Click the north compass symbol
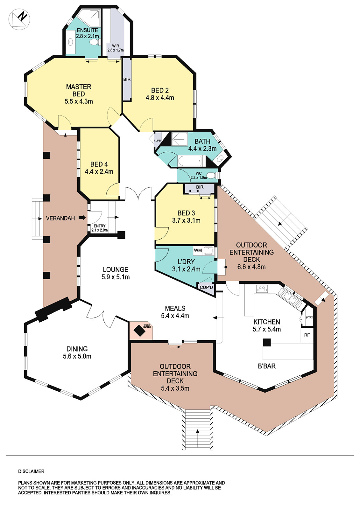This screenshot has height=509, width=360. (19, 19)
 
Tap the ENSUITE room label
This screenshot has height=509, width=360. (87, 31)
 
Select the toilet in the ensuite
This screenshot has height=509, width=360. (94, 42)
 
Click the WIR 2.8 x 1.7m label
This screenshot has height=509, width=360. (115, 48)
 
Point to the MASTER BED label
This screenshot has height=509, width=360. (79, 90)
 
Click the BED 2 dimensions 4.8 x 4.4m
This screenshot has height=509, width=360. (160, 98)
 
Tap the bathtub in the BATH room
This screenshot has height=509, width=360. (190, 161)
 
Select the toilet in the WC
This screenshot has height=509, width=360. (211, 175)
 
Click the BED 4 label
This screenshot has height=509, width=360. (99, 164)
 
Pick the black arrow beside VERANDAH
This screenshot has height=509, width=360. (82, 218)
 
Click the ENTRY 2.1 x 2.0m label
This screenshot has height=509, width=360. (99, 228)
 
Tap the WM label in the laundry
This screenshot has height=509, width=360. (198, 250)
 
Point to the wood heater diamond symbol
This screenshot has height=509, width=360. (139, 331)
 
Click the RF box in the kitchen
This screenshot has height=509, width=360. (307, 335)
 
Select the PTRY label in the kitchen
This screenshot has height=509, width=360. (309, 317)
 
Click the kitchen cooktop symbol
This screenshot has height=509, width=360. (262, 289)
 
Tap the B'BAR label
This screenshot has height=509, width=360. (266, 366)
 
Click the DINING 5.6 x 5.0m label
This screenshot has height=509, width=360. (77, 352)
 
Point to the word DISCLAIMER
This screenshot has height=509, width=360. (31, 471)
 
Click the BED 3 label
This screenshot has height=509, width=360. (186, 213)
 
